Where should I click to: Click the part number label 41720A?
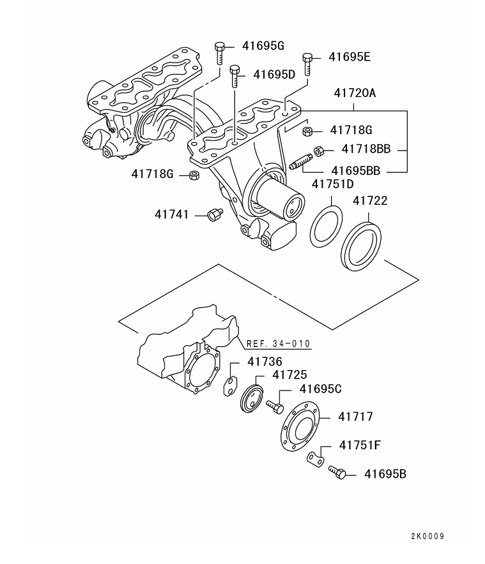click(353, 94)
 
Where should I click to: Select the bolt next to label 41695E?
click(307, 63)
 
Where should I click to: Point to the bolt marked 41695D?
click(235, 77)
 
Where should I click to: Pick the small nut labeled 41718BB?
click(318, 151)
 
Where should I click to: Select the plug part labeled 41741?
click(214, 214)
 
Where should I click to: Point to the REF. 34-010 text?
click(279, 344)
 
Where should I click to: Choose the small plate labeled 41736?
click(229, 386)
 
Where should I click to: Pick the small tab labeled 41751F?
click(313, 459)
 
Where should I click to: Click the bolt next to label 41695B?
click(337, 473)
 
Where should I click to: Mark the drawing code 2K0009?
click(427, 536)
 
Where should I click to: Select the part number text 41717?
click(355, 417)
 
